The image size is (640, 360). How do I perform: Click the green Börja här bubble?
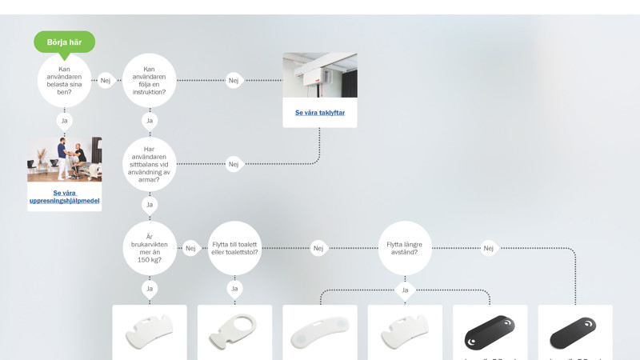coord(64,42)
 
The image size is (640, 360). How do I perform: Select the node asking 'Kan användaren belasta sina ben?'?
coord(64,80)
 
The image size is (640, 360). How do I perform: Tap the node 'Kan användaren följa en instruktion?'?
coord(150,80)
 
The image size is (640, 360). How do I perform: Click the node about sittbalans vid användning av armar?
coord(150,164)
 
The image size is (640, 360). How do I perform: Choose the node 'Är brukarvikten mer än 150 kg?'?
coord(150,248)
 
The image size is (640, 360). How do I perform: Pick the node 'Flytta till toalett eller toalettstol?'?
coord(234,248)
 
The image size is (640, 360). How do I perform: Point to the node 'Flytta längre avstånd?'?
coord(405,248)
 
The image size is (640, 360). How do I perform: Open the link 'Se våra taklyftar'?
coord(320,113)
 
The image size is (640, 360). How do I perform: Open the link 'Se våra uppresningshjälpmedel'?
coord(65,197)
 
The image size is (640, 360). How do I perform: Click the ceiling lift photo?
coord(320,75)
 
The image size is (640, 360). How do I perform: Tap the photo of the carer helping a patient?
coord(65,158)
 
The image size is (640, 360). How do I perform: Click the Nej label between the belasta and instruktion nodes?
coord(106,80)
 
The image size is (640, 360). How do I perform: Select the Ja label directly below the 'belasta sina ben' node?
coord(65,121)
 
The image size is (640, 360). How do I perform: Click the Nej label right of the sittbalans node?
coord(234,164)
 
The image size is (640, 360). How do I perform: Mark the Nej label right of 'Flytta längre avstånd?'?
coord(489,248)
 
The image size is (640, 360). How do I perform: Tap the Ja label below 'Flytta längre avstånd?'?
coord(405,290)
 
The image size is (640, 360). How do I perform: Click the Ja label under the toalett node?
coord(234,288)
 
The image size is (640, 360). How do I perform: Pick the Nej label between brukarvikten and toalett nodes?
coord(190,248)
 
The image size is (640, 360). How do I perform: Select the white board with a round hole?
coord(234,331)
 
